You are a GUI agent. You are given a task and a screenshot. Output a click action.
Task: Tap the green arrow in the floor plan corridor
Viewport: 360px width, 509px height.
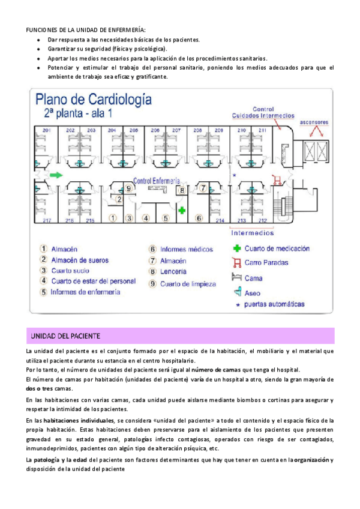56,175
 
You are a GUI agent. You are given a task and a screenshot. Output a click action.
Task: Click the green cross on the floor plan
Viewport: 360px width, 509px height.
181,210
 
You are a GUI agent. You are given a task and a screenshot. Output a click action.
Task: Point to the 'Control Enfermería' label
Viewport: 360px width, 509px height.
157,180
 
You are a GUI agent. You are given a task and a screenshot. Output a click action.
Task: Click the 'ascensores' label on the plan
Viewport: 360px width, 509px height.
316,113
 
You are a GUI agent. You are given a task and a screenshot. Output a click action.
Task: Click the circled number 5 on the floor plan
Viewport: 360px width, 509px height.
165,218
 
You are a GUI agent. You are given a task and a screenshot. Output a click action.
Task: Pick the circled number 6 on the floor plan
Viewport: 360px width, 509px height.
199,218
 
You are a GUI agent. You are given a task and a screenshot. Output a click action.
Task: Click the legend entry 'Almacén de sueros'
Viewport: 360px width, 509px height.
77,259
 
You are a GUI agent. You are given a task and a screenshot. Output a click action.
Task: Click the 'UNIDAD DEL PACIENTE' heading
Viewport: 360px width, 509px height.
65,335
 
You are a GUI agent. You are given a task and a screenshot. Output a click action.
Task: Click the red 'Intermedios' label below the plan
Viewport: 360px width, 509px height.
253,232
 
